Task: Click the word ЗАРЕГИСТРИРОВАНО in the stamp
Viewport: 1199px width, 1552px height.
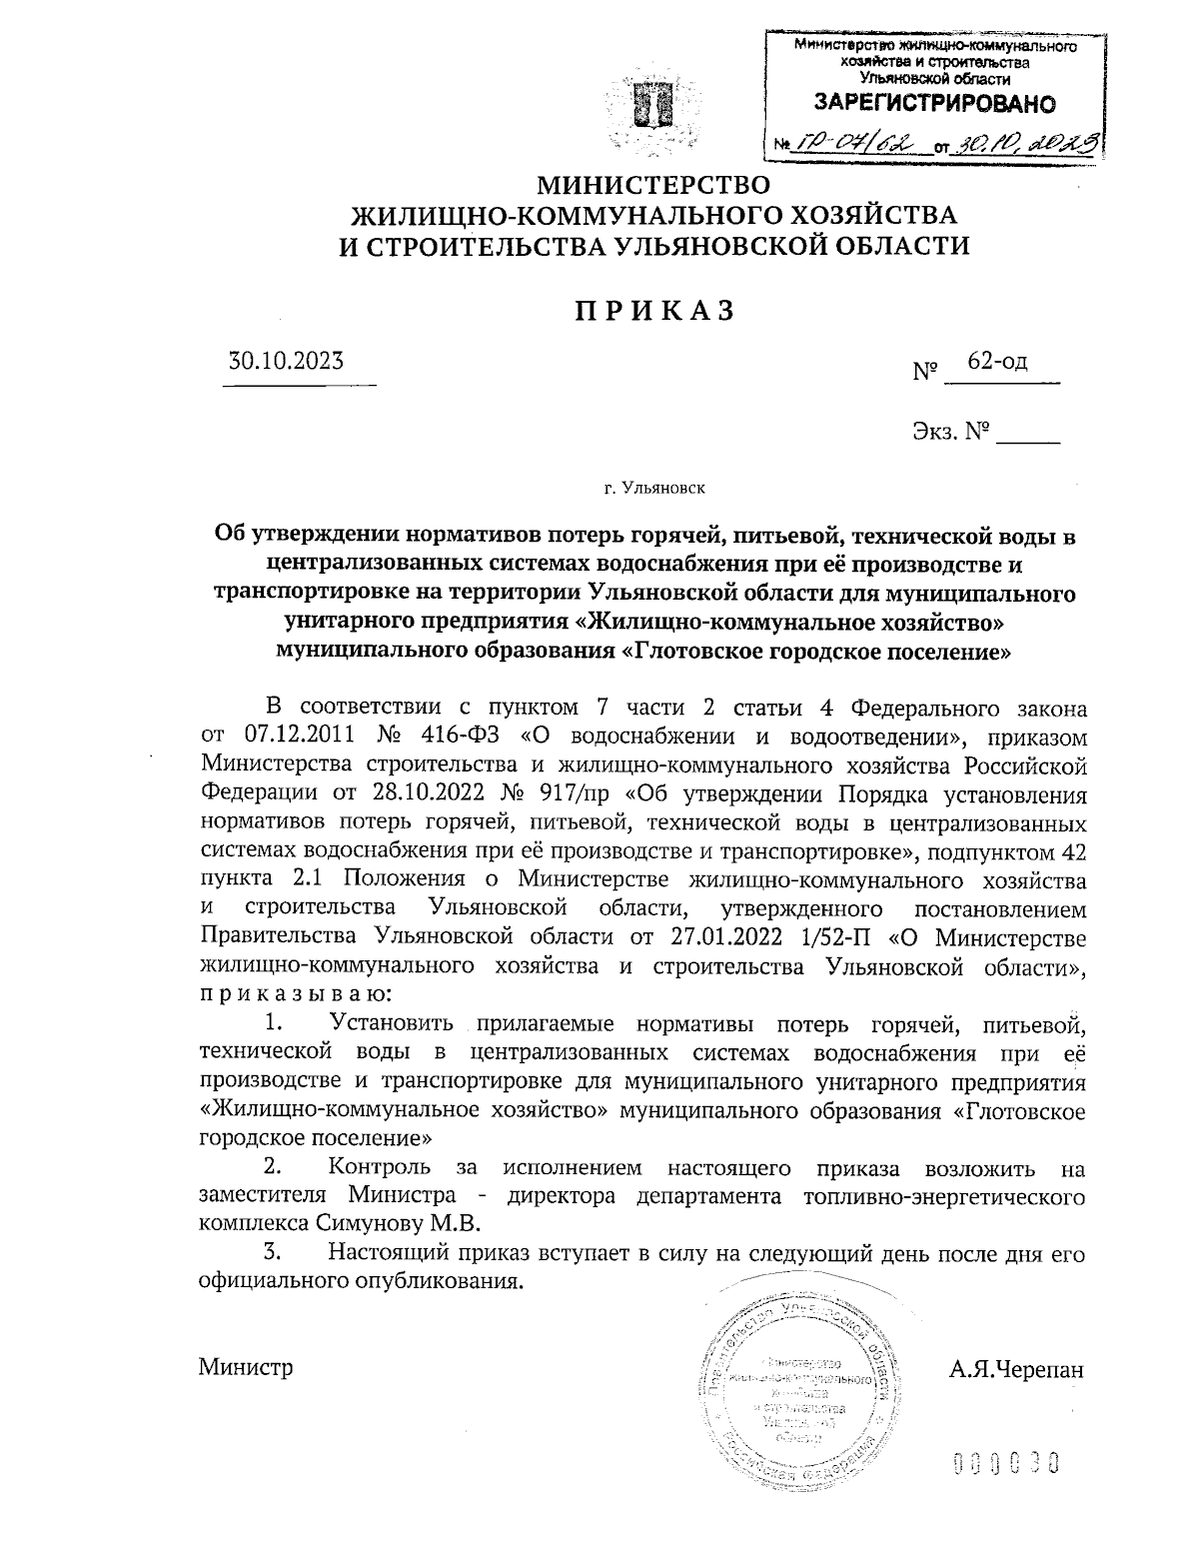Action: click(x=934, y=103)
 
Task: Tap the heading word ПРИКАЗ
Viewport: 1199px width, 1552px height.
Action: click(x=654, y=312)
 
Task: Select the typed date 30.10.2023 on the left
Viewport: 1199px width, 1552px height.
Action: click(x=287, y=362)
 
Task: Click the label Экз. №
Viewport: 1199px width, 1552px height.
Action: click(x=949, y=432)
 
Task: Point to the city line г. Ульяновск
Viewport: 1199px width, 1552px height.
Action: click(x=654, y=490)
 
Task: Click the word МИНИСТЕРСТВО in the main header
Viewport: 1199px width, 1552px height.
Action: click(x=654, y=186)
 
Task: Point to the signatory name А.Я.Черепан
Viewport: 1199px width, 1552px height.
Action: click(x=1016, y=1368)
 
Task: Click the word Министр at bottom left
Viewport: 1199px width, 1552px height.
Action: click(x=246, y=1368)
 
